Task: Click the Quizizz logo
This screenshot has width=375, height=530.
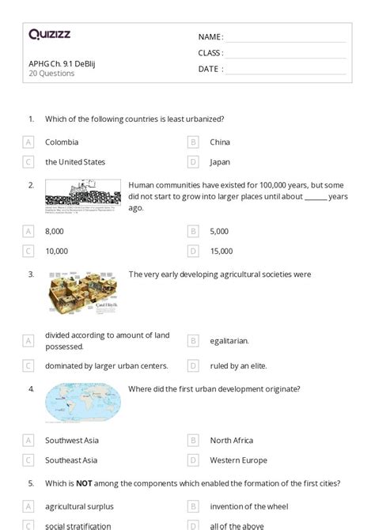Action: pos(49,34)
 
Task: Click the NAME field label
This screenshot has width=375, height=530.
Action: pos(210,36)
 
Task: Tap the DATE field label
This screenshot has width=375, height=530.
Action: pos(210,69)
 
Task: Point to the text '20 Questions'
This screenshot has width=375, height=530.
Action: pos(51,74)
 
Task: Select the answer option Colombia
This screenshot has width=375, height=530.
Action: pos(62,142)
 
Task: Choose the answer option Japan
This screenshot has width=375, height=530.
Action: pos(220,162)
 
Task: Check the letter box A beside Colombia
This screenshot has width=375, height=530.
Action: pos(28,142)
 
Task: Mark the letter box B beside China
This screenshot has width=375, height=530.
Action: pos(192,142)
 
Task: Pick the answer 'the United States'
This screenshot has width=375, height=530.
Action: pos(75,162)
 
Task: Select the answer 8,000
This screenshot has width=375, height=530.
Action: pos(55,231)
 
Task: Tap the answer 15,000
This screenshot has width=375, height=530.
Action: pos(222,251)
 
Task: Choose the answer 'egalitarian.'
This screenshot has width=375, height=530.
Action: pos(229,341)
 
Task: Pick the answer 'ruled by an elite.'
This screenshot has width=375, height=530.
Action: pos(240,366)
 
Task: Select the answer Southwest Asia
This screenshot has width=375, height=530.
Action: pos(72,441)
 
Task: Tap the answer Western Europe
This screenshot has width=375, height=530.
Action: pos(238,460)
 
